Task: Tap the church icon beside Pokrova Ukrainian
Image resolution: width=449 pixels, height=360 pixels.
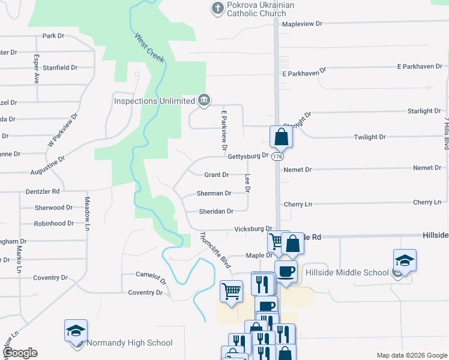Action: pos(216,8)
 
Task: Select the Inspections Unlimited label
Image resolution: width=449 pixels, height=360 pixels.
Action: pos(154,101)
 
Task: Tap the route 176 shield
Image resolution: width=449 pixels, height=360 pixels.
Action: pos(277,157)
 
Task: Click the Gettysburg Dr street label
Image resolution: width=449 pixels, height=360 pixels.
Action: pos(248,156)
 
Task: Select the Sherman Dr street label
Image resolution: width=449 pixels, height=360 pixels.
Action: pos(214,194)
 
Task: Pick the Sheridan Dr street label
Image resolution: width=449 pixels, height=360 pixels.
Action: pos(216,212)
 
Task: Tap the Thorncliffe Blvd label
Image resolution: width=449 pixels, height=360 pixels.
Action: pos(215,250)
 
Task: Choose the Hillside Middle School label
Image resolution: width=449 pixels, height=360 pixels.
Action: pos(346,272)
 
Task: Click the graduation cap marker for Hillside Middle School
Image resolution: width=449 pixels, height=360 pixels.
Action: pos(405,261)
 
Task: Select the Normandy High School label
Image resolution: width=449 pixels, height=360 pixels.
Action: pos(130,343)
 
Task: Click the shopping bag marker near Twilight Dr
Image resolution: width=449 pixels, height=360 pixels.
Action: pos(281,137)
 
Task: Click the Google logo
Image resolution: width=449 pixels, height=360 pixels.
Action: pos(20,353)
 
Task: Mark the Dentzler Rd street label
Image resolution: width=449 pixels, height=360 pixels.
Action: pos(43,191)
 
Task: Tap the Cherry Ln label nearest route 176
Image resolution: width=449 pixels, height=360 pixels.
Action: pos(298,205)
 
